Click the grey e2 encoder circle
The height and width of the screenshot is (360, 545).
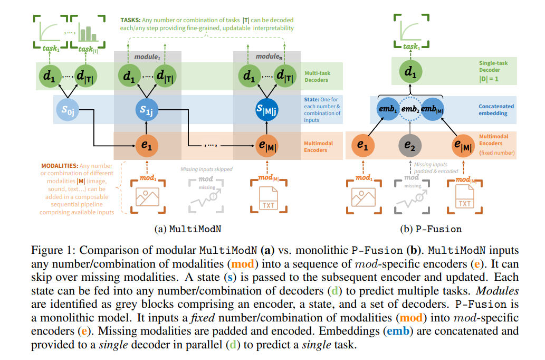coord(410,145)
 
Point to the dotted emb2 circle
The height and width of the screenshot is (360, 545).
coord(410,109)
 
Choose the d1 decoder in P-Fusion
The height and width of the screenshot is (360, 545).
coord(410,72)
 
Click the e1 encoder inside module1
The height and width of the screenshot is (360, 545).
coord(146,145)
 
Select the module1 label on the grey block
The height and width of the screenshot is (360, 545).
coord(147,56)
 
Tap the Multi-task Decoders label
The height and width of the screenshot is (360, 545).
coord(317,77)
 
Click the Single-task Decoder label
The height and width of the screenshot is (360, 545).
coord(493,67)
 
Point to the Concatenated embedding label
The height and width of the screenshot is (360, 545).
coord(496,110)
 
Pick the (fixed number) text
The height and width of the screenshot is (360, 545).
coord(496,153)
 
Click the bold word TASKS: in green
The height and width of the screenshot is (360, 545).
coord(130,20)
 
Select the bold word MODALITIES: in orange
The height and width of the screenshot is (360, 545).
coord(60,166)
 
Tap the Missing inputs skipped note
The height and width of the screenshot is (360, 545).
coord(206,169)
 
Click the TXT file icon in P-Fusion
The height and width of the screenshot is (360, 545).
coord(465,197)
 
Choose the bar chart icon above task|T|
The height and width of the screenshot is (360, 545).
coord(88,32)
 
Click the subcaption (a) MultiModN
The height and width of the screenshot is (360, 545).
coord(188,229)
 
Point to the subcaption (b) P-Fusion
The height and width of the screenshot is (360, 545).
coord(431,229)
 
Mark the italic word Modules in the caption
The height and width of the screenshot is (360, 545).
coord(498,290)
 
